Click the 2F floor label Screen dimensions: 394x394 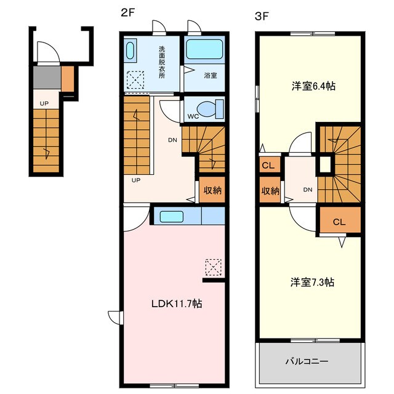click(128, 13)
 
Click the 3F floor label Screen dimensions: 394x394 click(262, 17)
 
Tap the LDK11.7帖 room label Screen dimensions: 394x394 click(177, 304)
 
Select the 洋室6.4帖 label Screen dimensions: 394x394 click(313, 86)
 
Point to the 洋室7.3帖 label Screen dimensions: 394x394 click(312, 282)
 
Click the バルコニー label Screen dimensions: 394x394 click(307, 361)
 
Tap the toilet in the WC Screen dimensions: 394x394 click(210, 109)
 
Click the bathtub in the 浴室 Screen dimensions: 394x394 click(204, 49)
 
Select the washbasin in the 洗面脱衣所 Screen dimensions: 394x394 click(130, 50)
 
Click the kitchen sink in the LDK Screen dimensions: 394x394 click(171, 217)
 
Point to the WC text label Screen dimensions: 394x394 click(193, 116)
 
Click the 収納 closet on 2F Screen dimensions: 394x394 click(212, 190)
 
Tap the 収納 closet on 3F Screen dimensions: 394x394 click(270, 190)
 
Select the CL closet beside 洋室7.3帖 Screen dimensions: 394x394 click(340, 220)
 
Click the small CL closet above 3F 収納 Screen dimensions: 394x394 click(270, 165)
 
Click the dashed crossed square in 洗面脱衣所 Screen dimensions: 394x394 click(135, 79)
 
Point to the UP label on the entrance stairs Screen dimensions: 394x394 click(44, 103)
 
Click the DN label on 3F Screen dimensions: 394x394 click(308, 190)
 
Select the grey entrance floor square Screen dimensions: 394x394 click(47, 78)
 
